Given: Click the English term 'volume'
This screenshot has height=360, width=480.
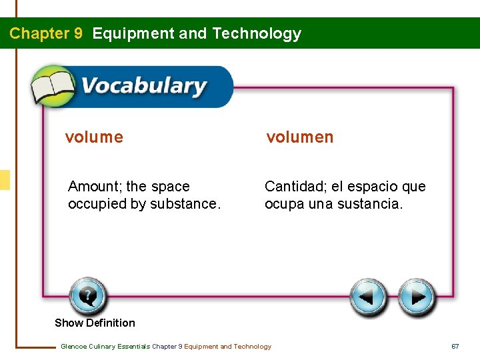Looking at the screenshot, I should point(94,137).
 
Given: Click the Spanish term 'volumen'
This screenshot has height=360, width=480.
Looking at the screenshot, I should point(300,137).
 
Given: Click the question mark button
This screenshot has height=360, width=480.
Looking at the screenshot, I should point(87,295).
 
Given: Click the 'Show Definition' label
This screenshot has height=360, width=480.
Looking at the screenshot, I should point(95,323).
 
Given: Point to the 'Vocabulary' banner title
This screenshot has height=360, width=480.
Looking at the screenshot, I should point(143,87).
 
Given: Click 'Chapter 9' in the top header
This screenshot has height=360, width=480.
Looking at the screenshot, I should point(46,33).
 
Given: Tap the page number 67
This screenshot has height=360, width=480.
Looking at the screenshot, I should point(455,346).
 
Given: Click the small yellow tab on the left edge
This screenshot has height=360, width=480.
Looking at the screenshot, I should point(5,180).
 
